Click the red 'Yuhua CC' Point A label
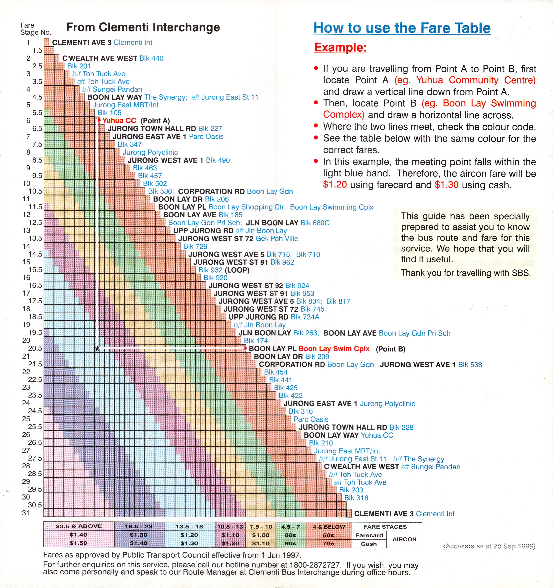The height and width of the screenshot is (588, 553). click(x=119, y=121)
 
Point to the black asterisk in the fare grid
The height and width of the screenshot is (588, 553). click(x=97, y=349)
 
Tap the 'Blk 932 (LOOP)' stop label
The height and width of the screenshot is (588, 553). click(x=224, y=270)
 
